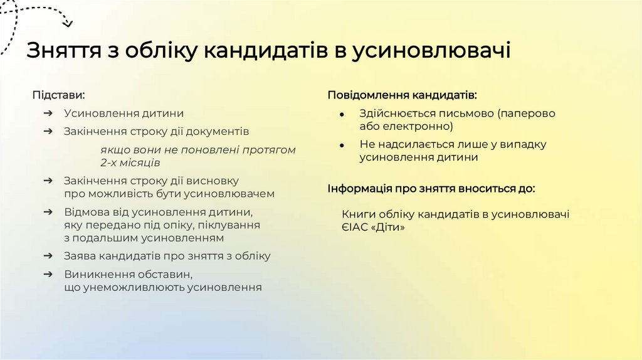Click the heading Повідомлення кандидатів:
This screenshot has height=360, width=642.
pos(402,95)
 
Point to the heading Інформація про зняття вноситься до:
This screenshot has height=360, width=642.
pos(431,188)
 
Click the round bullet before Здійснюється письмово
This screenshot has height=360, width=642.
pos(341,115)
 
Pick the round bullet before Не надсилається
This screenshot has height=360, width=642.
pos(341,145)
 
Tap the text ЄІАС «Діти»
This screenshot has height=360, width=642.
pos(374,228)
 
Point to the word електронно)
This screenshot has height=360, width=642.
pos(414,127)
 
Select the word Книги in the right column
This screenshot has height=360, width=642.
pos(358,214)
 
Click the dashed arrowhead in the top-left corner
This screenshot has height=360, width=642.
pos(67,24)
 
